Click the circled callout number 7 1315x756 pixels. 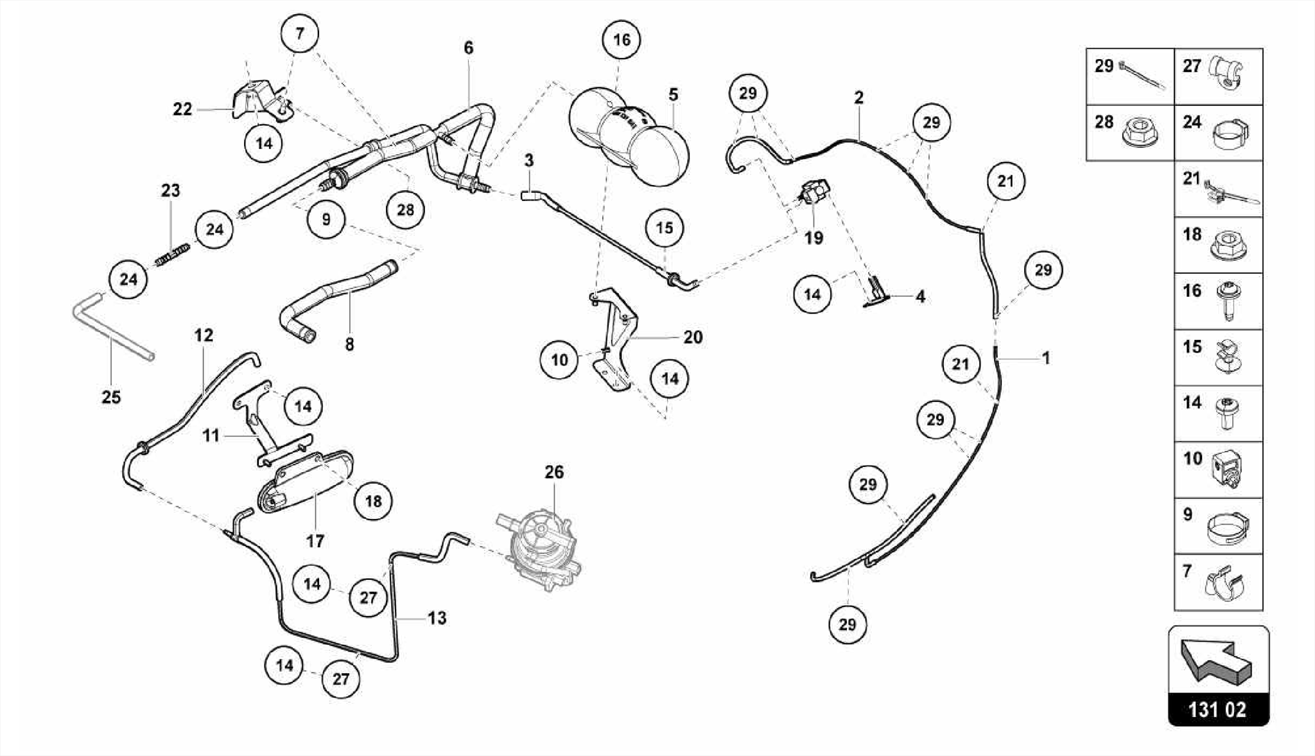click(300, 33)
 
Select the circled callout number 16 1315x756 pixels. click(621, 40)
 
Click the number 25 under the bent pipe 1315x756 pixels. click(111, 397)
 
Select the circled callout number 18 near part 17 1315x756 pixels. click(373, 501)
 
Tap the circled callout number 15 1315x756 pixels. click(665, 227)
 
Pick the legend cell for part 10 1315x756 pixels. click(1218, 470)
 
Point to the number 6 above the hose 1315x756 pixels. click(469, 48)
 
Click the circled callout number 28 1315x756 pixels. click(405, 209)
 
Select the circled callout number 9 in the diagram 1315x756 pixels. click(326, 220)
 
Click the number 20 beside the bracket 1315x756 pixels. click(693, 337)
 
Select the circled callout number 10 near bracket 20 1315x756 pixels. click(559, 360)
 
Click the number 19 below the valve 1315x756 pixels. click(814, 238)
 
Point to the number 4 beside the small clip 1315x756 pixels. click(920, 297)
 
